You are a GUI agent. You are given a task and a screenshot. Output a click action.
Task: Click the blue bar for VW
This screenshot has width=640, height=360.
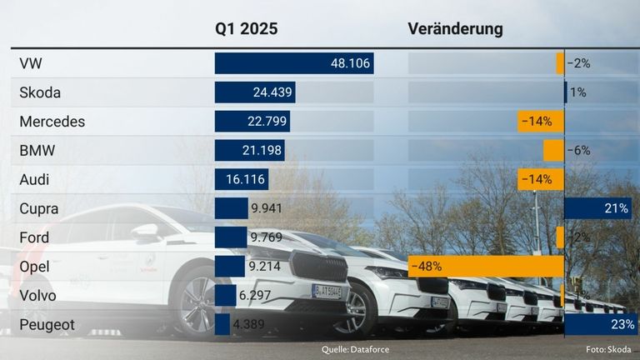(293, 63)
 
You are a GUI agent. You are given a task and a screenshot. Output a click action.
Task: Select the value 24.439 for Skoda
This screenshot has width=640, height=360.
(273, 92)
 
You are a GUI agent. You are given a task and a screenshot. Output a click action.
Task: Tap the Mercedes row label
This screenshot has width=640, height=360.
(52, 122)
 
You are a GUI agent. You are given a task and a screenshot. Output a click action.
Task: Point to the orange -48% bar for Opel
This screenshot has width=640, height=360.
(486, 267)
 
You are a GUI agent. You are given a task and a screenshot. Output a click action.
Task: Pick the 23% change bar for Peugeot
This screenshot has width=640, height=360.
(601, 324)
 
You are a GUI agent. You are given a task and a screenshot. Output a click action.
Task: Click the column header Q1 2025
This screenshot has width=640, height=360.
(246, 28)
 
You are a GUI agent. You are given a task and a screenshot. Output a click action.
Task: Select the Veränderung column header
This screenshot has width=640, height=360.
(455, 28)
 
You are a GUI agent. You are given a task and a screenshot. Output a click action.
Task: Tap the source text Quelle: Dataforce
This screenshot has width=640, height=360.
(355, 349)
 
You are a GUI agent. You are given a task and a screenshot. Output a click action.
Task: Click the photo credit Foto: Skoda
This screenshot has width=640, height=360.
(608, 349)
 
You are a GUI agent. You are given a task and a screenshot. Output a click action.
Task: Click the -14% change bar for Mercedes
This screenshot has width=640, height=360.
(540, 122)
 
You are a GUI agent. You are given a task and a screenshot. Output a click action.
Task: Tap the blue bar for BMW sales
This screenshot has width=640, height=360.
(249, 151)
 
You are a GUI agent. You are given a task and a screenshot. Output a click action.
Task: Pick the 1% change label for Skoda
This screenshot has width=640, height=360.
(577, 92)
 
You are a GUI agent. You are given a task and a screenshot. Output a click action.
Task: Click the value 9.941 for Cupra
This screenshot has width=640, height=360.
(267, 208)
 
